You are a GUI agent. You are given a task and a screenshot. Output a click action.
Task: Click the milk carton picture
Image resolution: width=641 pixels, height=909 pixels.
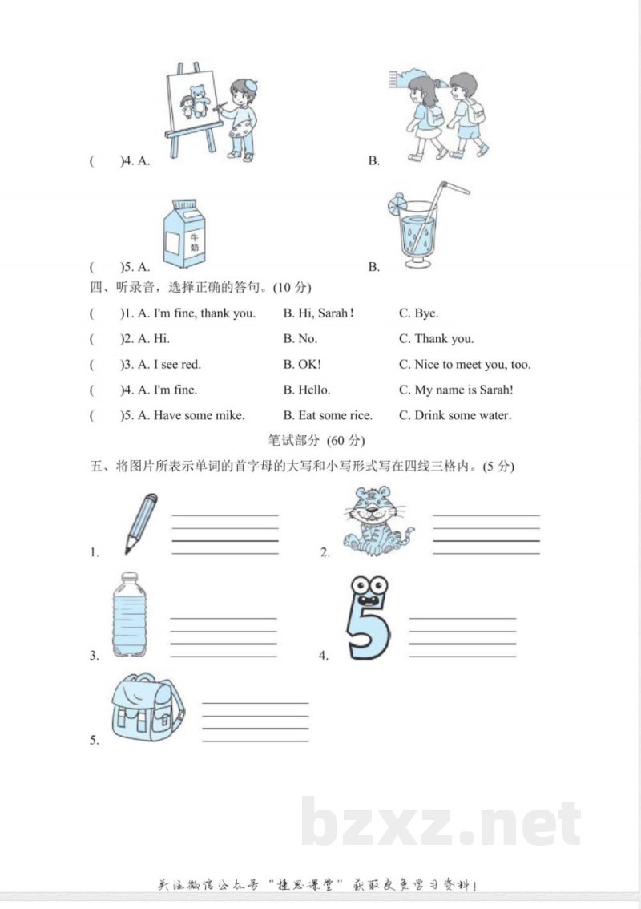186,235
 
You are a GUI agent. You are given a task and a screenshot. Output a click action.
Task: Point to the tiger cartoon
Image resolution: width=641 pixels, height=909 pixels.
377,522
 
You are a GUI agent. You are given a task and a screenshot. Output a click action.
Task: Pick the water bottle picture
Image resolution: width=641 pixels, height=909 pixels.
129,615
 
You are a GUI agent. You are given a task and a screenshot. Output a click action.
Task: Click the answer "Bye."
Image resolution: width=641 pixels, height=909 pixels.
418,313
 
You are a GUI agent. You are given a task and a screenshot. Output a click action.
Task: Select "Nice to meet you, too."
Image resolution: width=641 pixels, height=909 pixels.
464,365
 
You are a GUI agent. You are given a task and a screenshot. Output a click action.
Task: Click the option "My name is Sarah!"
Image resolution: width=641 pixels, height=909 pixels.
456,390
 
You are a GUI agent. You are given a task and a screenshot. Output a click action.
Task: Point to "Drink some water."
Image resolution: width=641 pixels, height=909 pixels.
454,415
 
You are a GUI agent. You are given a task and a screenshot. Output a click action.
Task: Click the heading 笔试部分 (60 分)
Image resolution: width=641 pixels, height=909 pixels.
319,440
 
